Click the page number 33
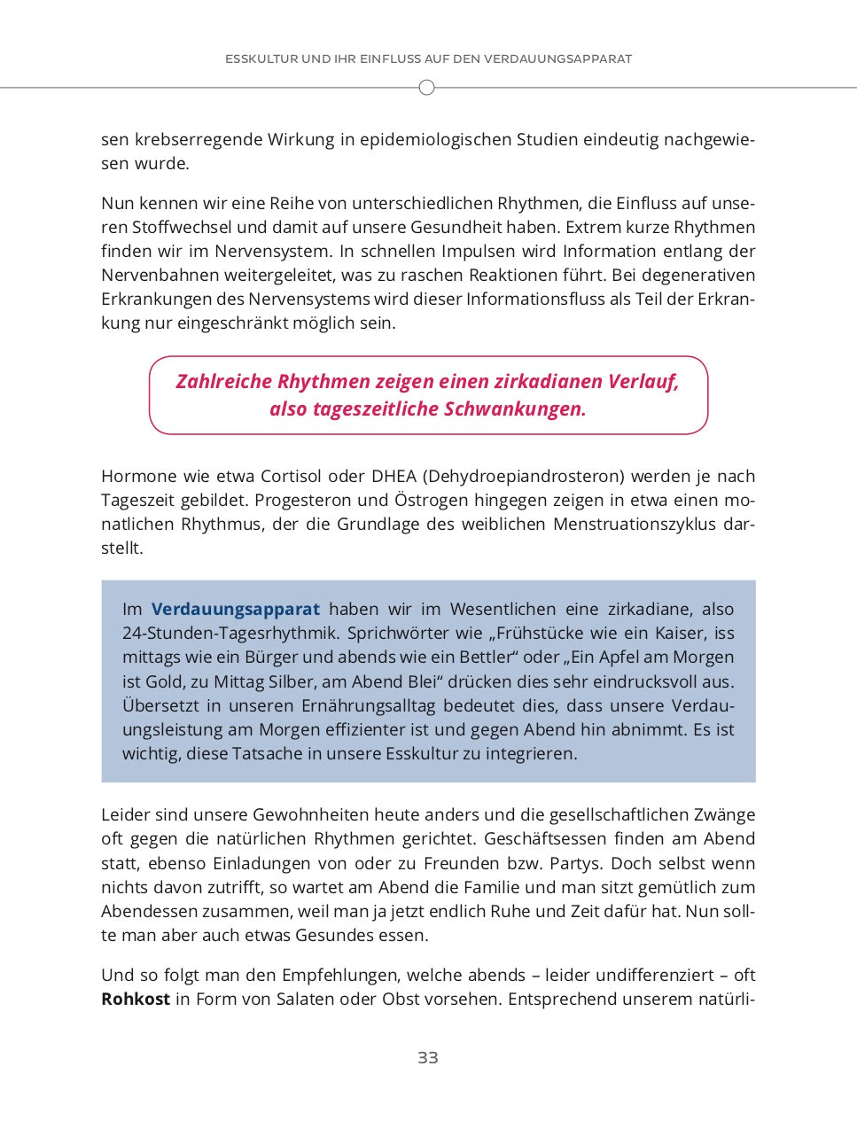(427, 1057)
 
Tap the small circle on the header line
(426, 88)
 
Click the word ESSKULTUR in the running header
(261, 59)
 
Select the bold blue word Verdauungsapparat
(235, 609)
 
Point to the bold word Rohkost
(135, 999)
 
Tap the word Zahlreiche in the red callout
(223, 381)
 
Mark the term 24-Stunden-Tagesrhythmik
(230, 633)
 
